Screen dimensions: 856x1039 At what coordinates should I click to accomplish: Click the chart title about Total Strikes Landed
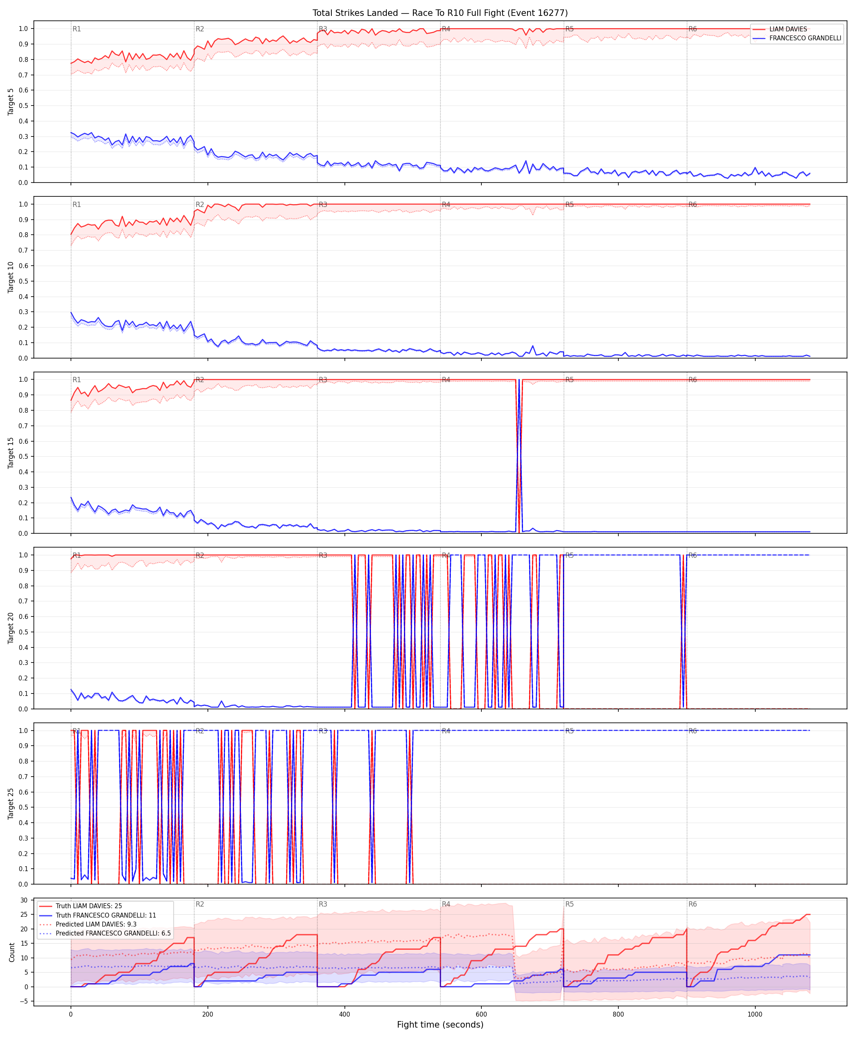pos(440,13)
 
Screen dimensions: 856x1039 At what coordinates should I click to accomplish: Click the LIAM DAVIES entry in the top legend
pos(788,29)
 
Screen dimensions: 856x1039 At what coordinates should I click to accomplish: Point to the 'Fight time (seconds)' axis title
pos(440,1025)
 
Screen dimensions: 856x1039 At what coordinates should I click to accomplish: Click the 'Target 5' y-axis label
pos(11,102)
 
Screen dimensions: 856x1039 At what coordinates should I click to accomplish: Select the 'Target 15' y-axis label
pos(11,452)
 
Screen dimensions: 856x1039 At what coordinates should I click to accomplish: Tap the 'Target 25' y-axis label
pos(11,803)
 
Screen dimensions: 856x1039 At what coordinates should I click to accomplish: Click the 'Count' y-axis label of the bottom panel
pos(12,952)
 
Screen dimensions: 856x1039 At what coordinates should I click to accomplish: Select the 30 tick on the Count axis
pos(24,900)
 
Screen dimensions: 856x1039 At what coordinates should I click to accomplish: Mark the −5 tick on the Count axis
pos(23,1001)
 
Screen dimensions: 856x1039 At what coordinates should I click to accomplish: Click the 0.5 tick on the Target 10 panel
pos(23,281)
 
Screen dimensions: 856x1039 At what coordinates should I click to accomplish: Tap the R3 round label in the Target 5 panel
pos(323,29)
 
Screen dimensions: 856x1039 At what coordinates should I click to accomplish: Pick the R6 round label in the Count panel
pos(693,905)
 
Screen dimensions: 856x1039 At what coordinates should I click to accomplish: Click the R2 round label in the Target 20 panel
pos(200,555)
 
